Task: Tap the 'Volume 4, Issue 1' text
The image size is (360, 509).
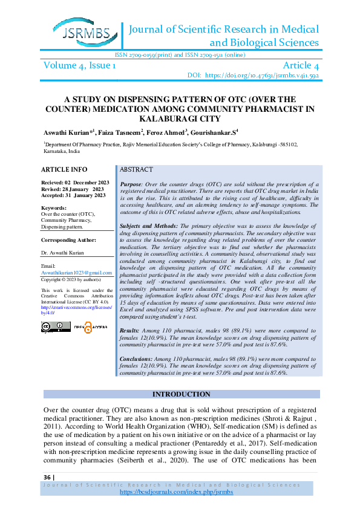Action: point(78,65)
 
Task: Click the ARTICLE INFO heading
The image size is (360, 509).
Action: point(65,169)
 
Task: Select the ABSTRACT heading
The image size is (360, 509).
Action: point(136,170)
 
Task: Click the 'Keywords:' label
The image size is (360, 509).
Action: point(54,207)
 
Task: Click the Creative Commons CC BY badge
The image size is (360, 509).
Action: point(56,326)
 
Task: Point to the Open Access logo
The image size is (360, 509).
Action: point(90,326)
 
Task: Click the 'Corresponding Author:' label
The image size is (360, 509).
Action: point(68,239)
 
